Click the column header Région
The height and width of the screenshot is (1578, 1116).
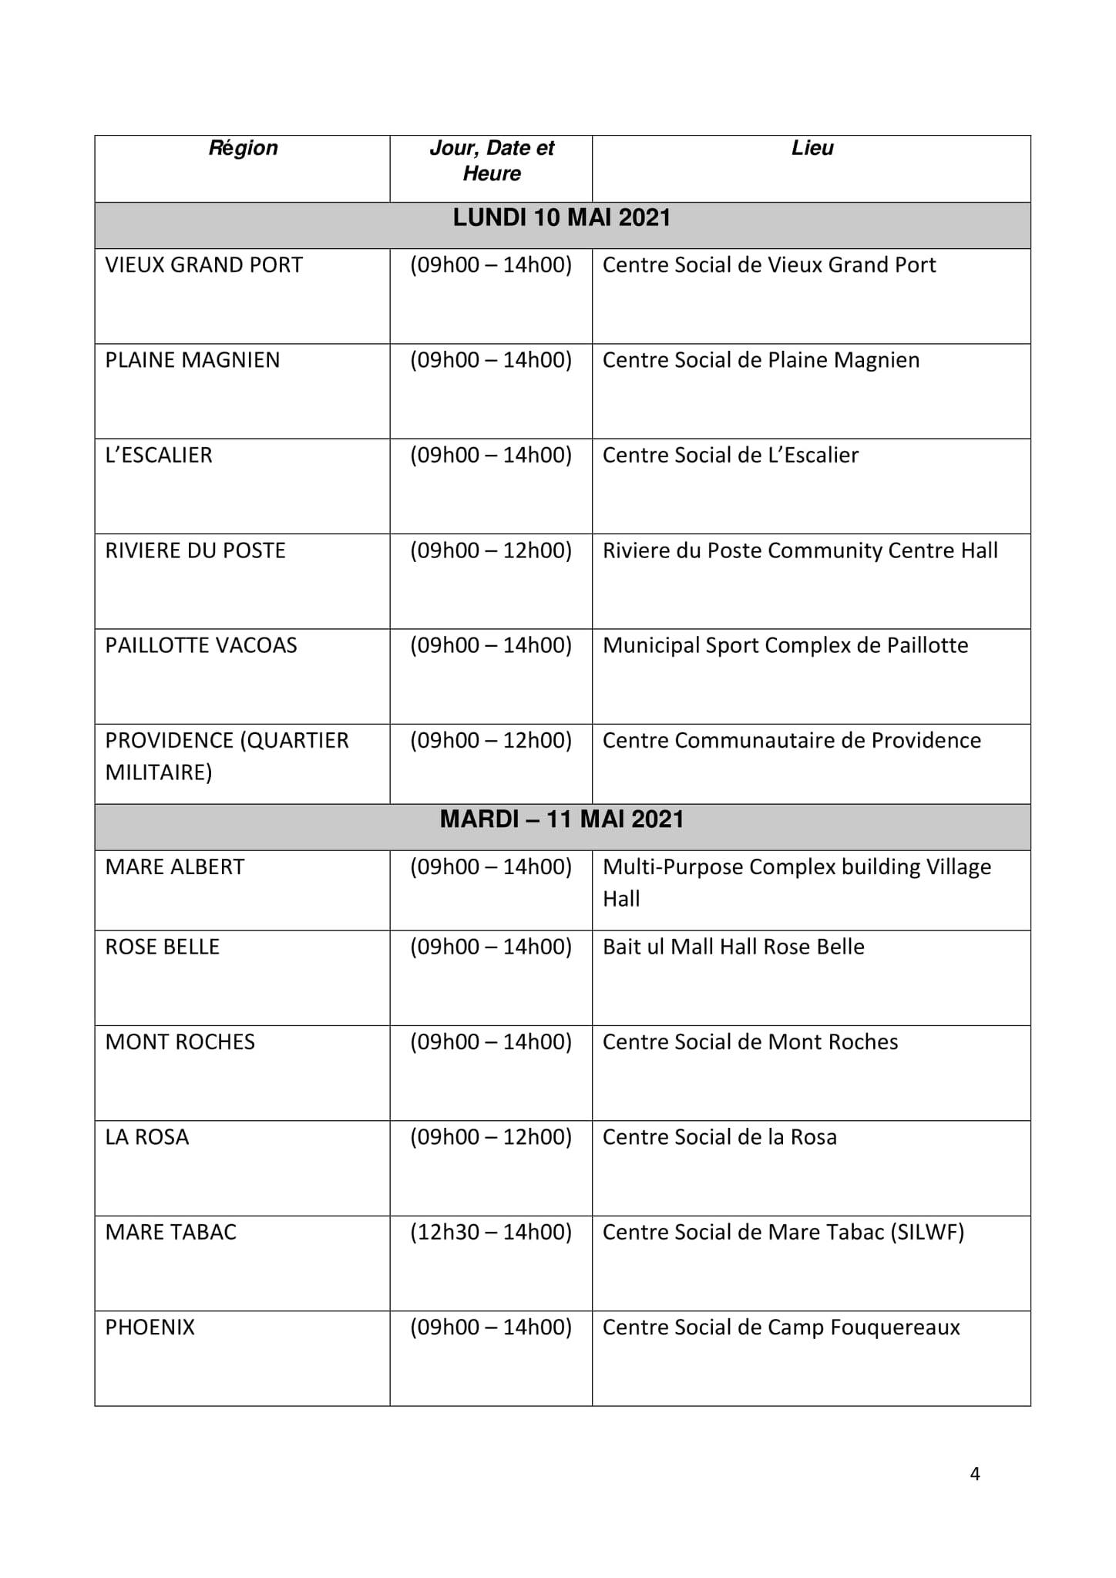(243, 148)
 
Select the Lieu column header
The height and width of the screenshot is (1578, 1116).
(812, 148)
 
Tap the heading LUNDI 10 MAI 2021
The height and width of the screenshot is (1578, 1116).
(562, 218)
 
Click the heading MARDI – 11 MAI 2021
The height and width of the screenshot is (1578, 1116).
(562, 819)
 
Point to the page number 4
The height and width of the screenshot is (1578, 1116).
(975, 1474)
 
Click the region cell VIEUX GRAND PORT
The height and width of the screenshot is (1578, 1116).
(204, 265)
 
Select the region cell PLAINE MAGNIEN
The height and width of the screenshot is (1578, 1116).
(193, 360)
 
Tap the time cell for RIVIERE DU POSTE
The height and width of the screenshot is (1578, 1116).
(491, 550)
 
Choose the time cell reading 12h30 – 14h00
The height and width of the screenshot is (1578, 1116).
(491, 1232)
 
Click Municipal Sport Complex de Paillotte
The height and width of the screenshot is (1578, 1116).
(785, 645)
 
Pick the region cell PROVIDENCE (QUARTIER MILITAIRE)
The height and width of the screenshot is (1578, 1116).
(227, 756)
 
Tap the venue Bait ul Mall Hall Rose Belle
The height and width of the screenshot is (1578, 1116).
(734, 947)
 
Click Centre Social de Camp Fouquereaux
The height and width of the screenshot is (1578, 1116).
(782, 1327)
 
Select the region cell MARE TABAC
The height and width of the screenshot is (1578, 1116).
(171, 1232)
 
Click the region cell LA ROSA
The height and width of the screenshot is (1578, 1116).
(147, 1137)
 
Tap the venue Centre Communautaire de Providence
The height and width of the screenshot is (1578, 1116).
(792, 741)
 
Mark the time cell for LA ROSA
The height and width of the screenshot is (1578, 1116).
(491, 1137)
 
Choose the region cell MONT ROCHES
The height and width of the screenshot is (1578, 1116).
(180, 1042)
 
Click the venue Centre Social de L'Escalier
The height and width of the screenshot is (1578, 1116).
(731, 456)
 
